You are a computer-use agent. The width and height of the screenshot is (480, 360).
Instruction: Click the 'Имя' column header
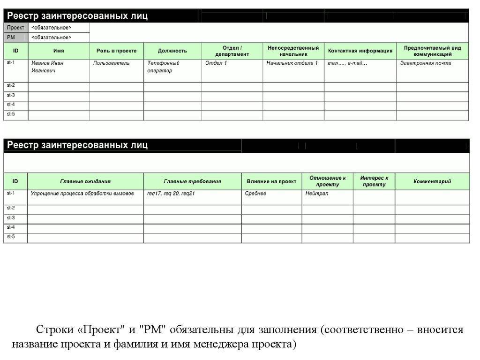(x=59, y=51)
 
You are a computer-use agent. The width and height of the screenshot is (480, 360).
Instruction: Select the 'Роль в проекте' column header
(x=116, y=51)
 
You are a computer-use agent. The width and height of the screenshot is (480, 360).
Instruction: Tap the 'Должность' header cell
(x=172, y=51)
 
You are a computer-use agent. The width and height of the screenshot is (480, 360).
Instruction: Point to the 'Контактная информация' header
(x=360, y=51)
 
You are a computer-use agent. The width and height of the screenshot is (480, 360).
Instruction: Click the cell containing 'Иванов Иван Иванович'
(x=48, y=67)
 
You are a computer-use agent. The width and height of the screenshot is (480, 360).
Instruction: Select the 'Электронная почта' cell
(x=426, y=63)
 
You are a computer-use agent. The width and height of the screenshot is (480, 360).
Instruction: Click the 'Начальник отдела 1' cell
(x=292, y=63)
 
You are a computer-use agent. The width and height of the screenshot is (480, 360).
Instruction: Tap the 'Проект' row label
(x=16, y=28)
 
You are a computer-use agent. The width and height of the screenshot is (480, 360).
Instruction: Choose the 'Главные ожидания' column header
(x=85, y=181)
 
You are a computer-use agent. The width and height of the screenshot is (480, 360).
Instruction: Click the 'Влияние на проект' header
(x=271, y=181)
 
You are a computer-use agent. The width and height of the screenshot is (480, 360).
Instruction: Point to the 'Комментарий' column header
(x=432, y=181)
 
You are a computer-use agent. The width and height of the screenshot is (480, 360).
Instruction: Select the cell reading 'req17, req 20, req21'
(x=171, y=193)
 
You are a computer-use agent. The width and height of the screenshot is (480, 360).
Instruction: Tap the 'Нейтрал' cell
(x=317, y=193)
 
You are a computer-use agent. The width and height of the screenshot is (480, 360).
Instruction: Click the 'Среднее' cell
(x=255, y=193)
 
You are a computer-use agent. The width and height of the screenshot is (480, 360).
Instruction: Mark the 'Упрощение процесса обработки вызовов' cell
(x=82, y=193)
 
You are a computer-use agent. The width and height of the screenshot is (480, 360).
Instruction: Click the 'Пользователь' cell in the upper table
(x=112, y=63)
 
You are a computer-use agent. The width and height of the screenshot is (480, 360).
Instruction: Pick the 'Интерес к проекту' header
(x=374, y=181)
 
